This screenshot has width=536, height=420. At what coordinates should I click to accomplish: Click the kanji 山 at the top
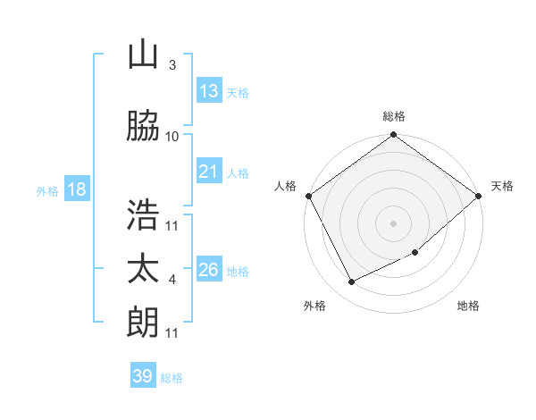(x=143, y=55)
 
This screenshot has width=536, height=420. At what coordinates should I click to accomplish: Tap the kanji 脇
(x=143, y=127)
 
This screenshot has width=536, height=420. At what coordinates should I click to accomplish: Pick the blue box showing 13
(x=209, y=91)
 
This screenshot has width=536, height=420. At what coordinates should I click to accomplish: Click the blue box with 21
(x=209, y=172)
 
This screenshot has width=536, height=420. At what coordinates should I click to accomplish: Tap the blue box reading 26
(x=209, y=270)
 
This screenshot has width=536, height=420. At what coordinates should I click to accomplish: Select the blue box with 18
(x=76, y=189)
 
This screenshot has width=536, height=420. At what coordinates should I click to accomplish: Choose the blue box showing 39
(x=143, y=376)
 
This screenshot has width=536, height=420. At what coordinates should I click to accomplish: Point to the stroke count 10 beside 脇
(x=172, y=137)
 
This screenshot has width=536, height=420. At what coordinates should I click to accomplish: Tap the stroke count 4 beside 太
(x=172, y=280)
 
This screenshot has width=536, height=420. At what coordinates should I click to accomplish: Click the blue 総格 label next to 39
(x=172, y=378)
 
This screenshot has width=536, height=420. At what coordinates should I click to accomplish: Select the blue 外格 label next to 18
(x=47, y=191)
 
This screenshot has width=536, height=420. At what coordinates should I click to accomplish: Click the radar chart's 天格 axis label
(x=502, y=186)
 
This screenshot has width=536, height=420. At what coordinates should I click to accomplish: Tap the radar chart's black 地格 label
(x=468, y=307)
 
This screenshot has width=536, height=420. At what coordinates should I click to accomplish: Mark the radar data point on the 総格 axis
(x=393, y=135)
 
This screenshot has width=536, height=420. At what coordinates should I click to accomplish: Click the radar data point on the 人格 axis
(x=309, y=196)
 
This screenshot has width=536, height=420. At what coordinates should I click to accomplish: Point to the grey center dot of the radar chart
(x=393, y=223)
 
